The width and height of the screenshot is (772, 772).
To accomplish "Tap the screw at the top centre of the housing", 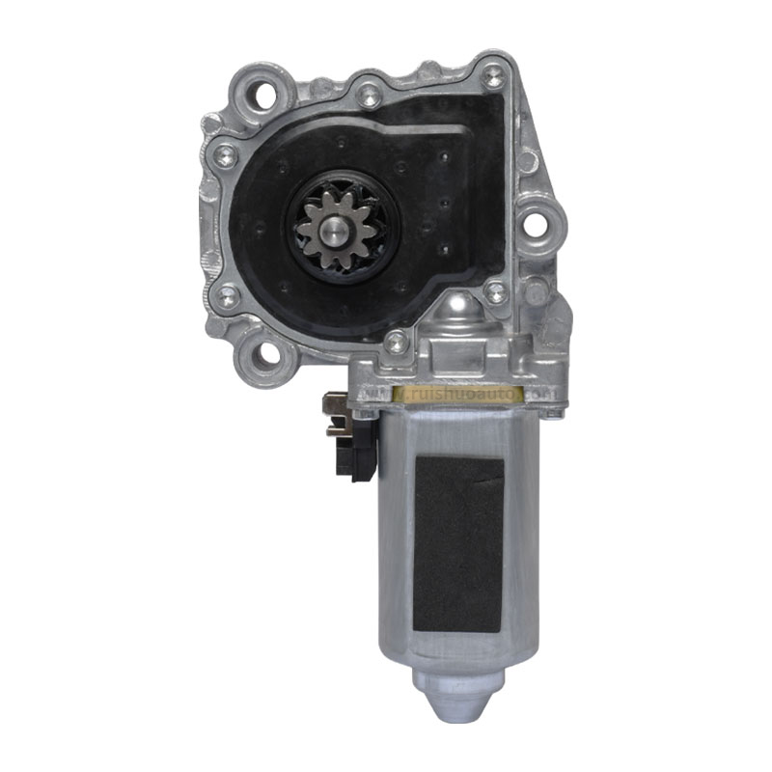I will pos(369,95).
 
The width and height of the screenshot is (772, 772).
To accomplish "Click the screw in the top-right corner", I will pos(493,76).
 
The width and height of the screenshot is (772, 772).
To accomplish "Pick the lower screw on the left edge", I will pos(225,295).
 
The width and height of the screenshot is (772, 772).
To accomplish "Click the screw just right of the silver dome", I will pos(495,291).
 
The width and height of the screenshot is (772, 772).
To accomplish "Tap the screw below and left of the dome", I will pos(395,341).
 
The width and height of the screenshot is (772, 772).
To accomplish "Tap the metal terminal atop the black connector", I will pos(334,403).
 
